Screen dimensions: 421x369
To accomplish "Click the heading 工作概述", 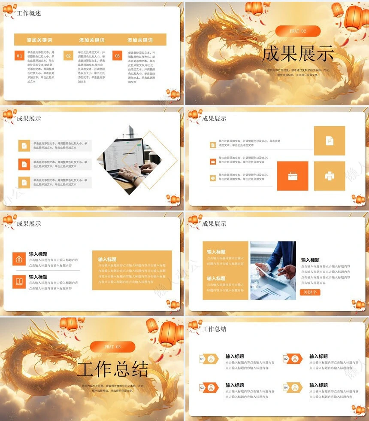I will [x=29, y=13].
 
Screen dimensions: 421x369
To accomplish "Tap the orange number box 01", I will [x=19, y=56].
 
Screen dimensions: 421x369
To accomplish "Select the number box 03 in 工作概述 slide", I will [x=117, y=56].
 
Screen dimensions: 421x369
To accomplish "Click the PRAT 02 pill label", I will [x=298, y=31].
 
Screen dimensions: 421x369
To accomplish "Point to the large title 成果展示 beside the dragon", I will [x=297, y=54].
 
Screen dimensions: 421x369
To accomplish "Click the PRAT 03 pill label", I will [x=112, y=347].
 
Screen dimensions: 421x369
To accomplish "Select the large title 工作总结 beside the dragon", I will [x=112, y=369].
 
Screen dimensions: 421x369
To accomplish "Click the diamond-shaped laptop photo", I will [x=129, y=160].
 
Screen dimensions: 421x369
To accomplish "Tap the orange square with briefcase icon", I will [x=293, y=176].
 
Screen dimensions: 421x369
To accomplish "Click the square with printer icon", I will [x=330, y=176].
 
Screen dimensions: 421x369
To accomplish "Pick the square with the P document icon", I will [x=330, y=140].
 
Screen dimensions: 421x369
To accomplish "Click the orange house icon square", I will [x=19, y=259].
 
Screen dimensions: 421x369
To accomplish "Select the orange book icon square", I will [x=19, y=281].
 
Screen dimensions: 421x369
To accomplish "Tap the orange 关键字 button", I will [x=310, y=292].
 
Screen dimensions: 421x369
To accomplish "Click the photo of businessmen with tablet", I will [x=273, y=270].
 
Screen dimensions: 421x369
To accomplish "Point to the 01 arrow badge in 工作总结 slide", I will [x=209, y=359].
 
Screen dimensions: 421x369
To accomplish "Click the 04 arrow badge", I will [x=293, y=387].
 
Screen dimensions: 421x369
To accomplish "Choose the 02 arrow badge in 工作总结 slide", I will [x=293, y=359].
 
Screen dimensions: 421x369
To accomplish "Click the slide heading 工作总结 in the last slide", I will [x=214, y=329].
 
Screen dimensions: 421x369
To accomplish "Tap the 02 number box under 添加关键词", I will [x=68, y=56].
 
